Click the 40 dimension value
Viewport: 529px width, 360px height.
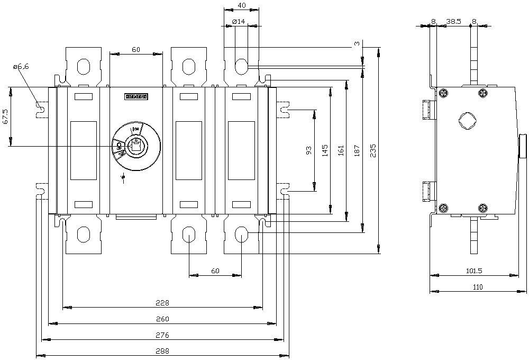click(x=242, y=5)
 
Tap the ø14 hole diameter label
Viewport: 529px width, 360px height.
click(x=239, y=21)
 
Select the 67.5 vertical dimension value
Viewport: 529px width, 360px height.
click(x=6, y=117)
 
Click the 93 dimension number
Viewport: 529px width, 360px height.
click(x=309, y=151)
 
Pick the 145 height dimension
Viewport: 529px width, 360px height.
click(x=325, y=151)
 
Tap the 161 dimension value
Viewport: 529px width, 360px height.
click(x=341, y=151)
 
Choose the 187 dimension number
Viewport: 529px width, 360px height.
click(x=358, y=151)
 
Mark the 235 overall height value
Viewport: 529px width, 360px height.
click(x=374, y=151)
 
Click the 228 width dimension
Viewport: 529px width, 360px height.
click(x=162, y=303)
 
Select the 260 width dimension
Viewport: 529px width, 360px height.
click(x=162, y=319)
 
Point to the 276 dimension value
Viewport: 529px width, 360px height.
click(x=162, y=335)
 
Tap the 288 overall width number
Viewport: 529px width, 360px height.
click(x=162, y=351)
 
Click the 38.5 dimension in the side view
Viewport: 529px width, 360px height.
click(x=454, y=21)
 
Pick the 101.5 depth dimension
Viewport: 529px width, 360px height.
click(x=474, y=271)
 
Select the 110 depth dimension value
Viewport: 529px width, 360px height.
click(x=477, y=287)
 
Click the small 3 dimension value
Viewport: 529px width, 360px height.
click(x=357, y=43)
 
